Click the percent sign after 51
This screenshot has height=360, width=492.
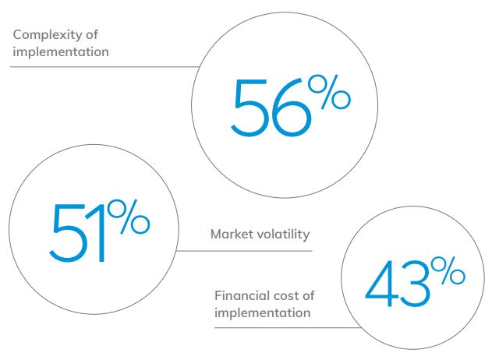(x=129, y=219)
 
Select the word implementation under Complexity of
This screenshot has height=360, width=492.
(x=60, y=53)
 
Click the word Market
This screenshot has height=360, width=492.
(x=230, y=234)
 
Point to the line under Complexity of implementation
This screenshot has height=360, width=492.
(x=101, y=66)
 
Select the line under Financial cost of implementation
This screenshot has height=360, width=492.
(x=281, y=328)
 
